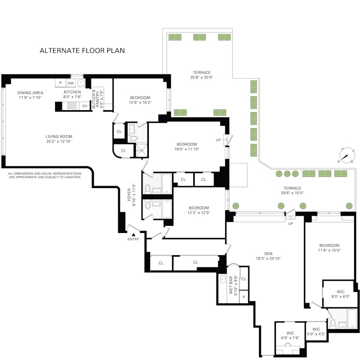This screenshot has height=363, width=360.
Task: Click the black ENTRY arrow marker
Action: [134, 234]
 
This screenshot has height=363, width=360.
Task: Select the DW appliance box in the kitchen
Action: [71, 83]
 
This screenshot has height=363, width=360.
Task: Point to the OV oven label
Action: [85, 106]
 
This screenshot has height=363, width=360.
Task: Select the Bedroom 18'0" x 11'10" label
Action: [187, 146]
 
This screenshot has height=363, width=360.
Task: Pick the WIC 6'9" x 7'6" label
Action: [289, 335]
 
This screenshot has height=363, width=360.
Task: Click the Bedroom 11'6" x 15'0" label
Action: [329, 247]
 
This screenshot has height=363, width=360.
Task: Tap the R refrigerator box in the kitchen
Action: [60, 83]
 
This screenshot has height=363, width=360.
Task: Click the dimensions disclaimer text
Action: [44, 175]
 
